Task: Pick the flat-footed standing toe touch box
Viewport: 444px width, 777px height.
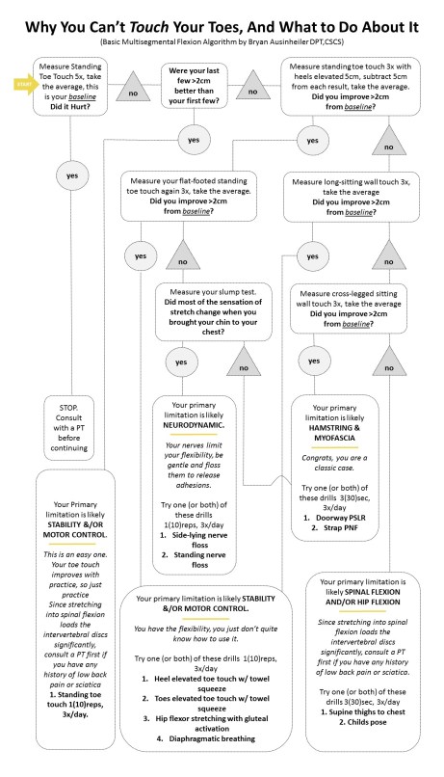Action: click(x=194, y=197)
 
